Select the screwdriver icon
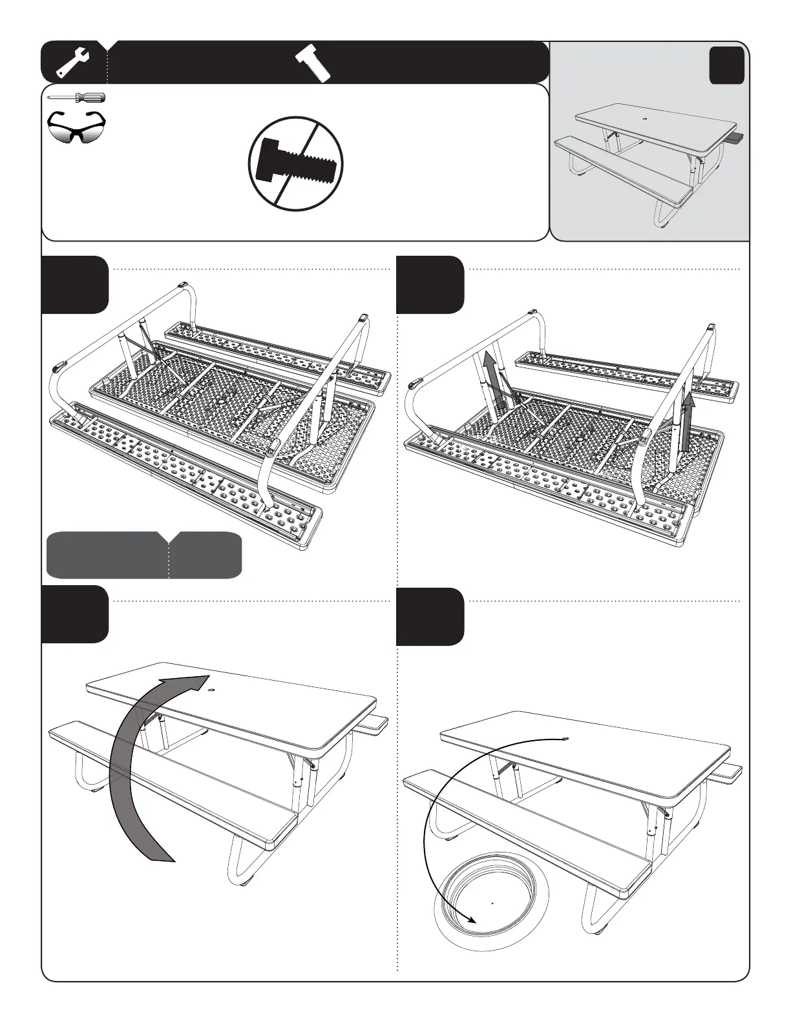click(77, 98)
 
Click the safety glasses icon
click(76, 128)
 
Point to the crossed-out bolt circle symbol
click(296, 163)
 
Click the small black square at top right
click(726, 66)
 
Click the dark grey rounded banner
click(143, 555)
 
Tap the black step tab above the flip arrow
click(74, 614)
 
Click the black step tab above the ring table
click(430, 617)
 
